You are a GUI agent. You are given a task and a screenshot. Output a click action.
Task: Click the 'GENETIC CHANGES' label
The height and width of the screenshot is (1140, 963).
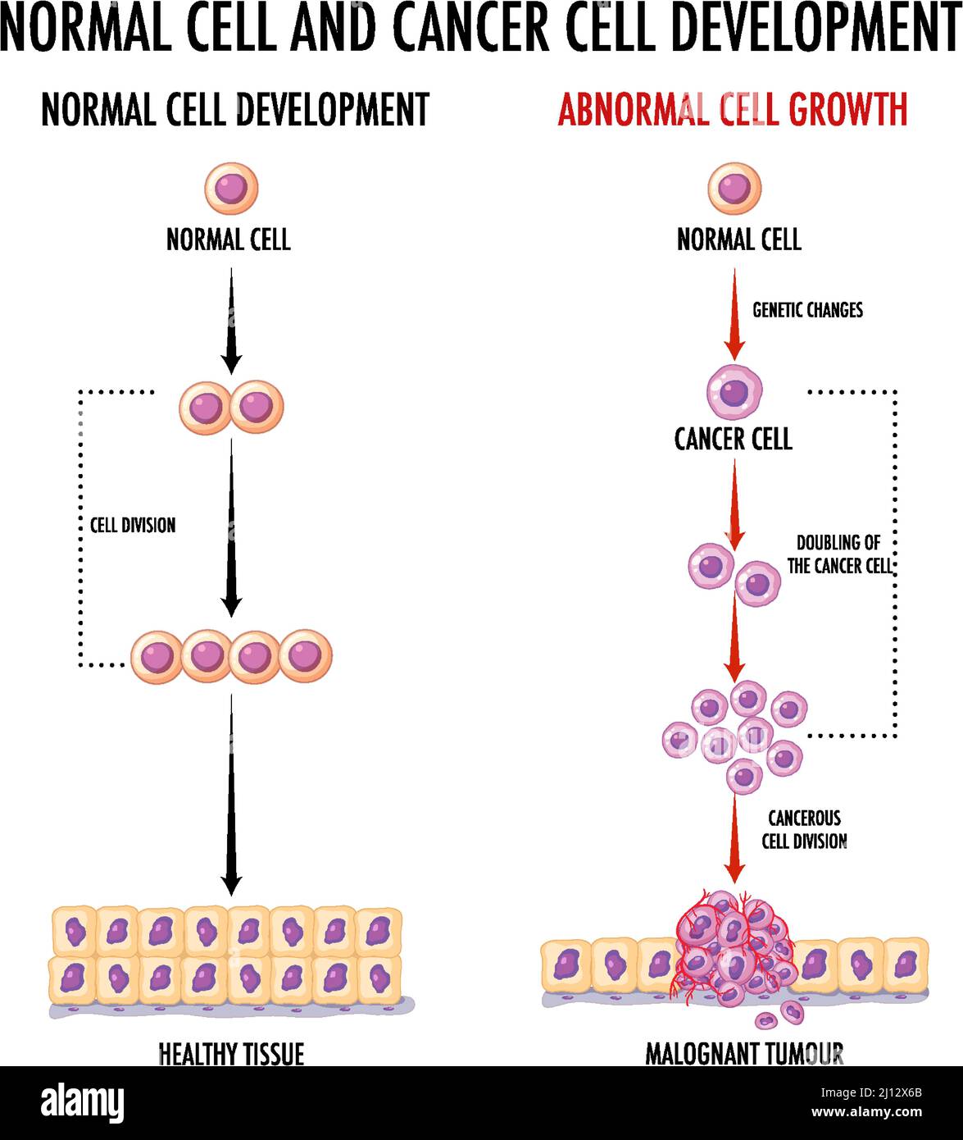click(807, 310)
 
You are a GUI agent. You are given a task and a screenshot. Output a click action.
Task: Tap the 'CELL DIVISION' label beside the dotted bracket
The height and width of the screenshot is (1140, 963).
click(133, 525)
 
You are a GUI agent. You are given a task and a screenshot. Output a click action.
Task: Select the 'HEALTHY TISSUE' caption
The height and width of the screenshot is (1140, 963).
click(231, 1053)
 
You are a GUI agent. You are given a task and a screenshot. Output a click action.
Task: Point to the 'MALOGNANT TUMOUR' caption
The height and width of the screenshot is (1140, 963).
click(744, 1053)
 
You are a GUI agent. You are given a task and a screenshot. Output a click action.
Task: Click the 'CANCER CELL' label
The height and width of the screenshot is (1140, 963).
click(734, 440)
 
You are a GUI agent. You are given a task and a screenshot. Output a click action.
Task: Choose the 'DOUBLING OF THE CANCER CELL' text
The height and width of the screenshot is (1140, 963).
click(838, 554)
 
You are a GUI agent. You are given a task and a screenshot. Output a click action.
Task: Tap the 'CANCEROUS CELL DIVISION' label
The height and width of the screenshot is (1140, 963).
click(804, 829)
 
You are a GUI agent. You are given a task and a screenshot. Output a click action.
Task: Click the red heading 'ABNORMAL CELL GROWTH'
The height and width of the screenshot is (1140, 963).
click(733, 109)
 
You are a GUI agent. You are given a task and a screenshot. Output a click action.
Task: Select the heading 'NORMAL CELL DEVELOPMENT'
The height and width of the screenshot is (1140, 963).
click(235, 109)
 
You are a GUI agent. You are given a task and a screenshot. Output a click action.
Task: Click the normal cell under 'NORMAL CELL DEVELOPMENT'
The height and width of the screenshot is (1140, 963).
click(231, 188)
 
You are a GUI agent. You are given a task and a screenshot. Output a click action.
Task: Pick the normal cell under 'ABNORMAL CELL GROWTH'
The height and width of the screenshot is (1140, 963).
click(734, 188)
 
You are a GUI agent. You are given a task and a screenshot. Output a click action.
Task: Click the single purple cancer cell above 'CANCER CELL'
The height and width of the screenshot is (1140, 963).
click(734, 392)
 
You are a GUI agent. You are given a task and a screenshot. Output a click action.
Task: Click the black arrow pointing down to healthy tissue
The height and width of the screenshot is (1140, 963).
click(232, 796)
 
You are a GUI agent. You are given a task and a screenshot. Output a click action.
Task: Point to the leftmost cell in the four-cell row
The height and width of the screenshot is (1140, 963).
click(157, 657)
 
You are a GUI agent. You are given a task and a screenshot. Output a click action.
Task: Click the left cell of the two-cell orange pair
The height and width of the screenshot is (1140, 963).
click(206, 407)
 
